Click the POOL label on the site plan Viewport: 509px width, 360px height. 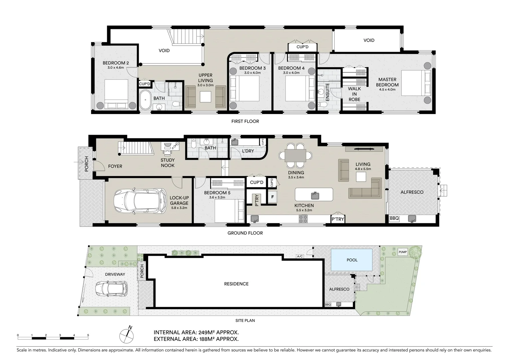[352, 260]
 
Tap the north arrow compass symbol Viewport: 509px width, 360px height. [127, 335]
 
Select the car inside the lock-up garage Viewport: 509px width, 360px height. [140, 201]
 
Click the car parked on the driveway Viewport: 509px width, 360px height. [111, 289]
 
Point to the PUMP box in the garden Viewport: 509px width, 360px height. [403, 252]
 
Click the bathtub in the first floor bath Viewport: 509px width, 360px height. [145, 99]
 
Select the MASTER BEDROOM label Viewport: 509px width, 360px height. [387, 82]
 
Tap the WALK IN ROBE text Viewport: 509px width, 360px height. [354, 94]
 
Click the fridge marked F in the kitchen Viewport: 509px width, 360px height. [272, 197]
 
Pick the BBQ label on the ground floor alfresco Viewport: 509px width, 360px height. [394, 218]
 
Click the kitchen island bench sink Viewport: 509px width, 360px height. [314, 195]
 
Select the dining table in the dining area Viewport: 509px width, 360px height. [295, 155]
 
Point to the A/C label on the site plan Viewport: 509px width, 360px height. [300, 256]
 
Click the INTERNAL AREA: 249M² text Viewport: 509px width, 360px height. [196, 332]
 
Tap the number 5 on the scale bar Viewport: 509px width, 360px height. [88, 335]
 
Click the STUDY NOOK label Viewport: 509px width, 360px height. [168, 163]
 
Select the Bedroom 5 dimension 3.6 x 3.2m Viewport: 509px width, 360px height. [217, 197]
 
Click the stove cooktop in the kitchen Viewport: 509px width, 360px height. [303, 219]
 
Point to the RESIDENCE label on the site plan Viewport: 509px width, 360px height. [236, 284]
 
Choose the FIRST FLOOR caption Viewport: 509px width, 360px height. [245, 121]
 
